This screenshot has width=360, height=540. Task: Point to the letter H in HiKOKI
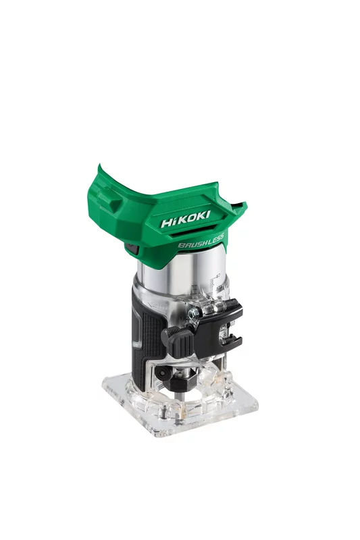(166, 222)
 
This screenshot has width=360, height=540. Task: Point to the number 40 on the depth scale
(218, 275)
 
